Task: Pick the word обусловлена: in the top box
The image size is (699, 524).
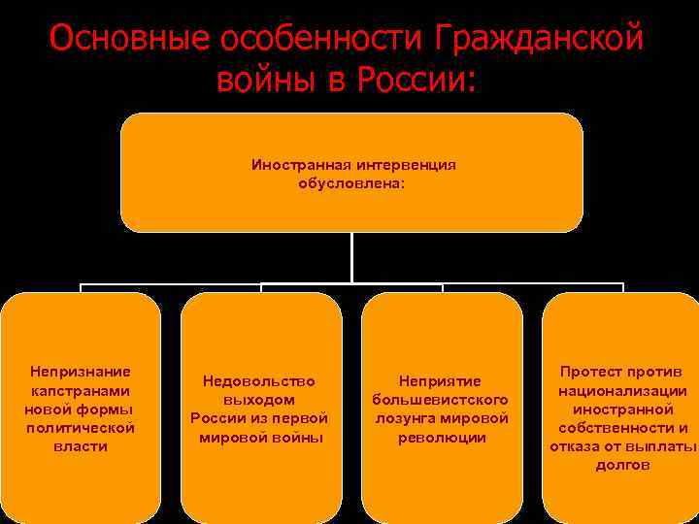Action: tap(351, 182)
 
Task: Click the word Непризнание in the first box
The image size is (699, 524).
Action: tap(81, 372)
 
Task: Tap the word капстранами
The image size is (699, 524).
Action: tap(81, 390)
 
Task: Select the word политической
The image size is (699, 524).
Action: tap(81, 428)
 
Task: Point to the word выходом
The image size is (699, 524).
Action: tap(259, 400)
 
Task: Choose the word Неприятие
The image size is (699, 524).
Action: tap(442, 381)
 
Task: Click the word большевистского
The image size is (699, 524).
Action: tap(442, 400)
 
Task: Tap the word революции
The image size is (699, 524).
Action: tap(442, 438)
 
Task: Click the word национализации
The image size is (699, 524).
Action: tap(622, 391)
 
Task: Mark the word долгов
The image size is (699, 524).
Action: tap(622, 466)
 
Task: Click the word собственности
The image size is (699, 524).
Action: tap(609, 428)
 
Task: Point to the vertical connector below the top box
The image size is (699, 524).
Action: tap(351, 257)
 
